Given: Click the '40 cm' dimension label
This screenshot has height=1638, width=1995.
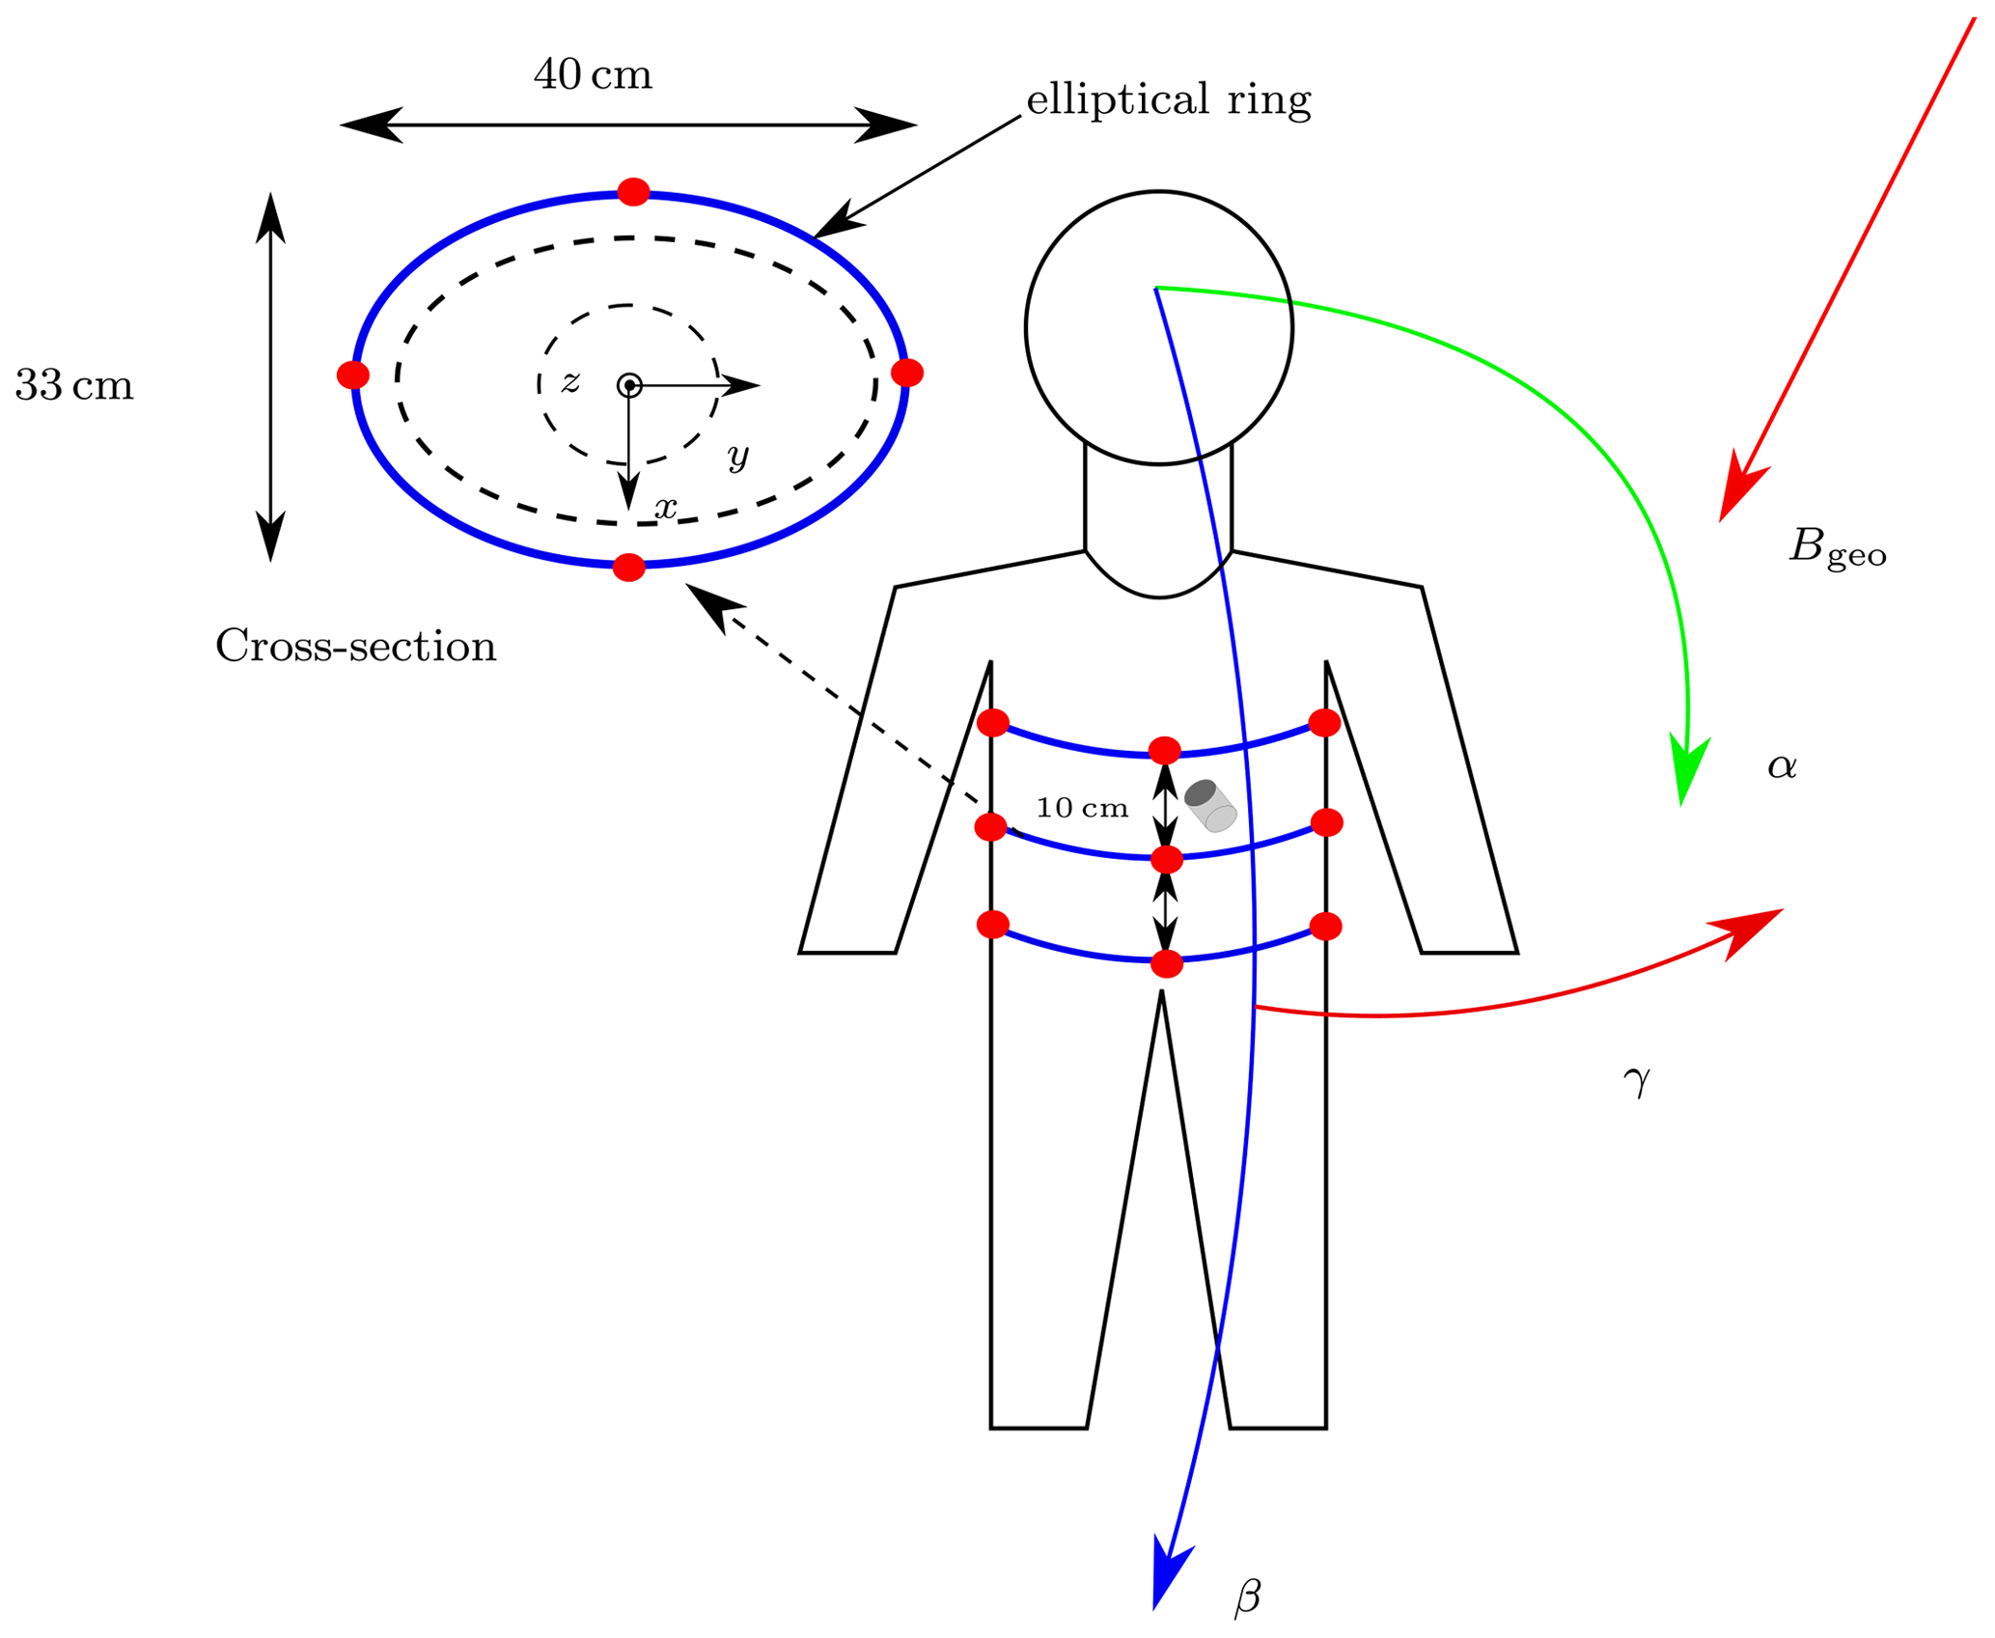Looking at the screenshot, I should click(593, 74).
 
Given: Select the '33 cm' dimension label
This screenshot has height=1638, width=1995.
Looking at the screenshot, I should click(74, 385).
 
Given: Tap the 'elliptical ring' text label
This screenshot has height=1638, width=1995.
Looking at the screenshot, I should click(1168, 99).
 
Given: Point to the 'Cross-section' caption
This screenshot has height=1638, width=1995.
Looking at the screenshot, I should click(355, 646).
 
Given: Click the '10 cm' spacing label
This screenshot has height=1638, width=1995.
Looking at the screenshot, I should click(1082, 808).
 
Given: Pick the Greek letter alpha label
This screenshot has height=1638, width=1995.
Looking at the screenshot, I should click(1782, 765).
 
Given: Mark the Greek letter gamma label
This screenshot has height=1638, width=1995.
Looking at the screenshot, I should click(1637, 1081).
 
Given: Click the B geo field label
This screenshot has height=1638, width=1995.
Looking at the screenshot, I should click(1837, 547).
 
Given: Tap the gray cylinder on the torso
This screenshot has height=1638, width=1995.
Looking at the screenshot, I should click(1210, 805).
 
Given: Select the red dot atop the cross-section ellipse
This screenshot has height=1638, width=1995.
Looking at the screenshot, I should click(633, 192).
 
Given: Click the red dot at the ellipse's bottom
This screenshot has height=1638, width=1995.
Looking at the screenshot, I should click(629, 568).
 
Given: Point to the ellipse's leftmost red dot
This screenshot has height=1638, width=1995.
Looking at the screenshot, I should click(353, 375).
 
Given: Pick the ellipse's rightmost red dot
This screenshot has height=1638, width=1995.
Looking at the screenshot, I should click(907, 373).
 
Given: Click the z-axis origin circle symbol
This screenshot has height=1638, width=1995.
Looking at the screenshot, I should click(629, 385).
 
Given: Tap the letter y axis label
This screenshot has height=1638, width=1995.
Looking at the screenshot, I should click(738, 455).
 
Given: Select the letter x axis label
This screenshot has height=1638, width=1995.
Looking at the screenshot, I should click(666, 507).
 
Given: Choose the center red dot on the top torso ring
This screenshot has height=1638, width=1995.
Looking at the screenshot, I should click(1165, 750).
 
